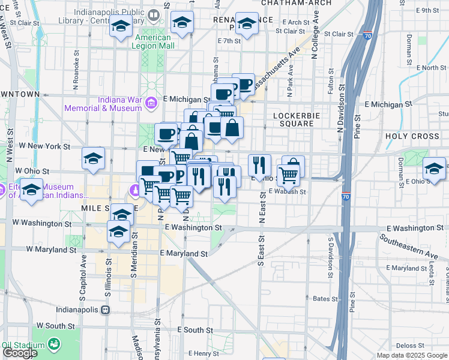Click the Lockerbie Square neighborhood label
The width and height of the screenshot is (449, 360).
tap(293, 119)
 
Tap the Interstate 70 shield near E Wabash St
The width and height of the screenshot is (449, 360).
tap(346, 196)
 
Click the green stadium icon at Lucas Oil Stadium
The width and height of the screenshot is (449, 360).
tap(54, 344)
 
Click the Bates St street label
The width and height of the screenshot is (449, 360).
tap(322, 298)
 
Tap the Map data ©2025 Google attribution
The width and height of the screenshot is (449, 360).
tap(412, 355)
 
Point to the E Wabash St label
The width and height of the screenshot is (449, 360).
tap(288, 192)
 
